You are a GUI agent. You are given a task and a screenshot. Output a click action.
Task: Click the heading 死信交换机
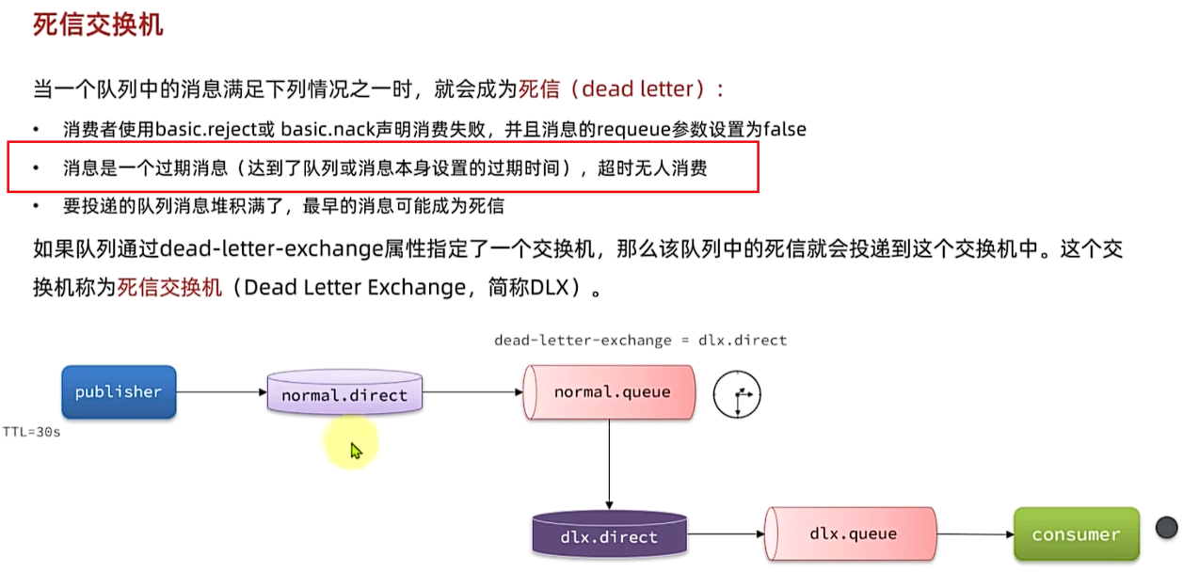pos(98,25)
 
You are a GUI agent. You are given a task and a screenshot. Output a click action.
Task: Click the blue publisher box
pos(119,391)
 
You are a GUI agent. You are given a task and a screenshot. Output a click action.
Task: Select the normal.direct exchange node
pos(344,393)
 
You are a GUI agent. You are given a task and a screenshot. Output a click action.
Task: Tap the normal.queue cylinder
pos(611,391)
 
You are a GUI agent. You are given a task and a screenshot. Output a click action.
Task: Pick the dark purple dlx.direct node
pos(609,537)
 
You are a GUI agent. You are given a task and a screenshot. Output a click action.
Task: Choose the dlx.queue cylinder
pos(852,533)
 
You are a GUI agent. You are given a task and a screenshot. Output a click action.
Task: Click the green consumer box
pos(1076,534)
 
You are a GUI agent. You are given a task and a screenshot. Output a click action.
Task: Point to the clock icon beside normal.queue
pos(736,393)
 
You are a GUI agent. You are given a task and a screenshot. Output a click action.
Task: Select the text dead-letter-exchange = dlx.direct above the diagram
pos(640,340)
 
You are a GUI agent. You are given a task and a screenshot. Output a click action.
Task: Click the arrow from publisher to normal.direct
pos(221,391)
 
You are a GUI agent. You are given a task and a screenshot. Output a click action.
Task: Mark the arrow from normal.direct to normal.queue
pos(472,391)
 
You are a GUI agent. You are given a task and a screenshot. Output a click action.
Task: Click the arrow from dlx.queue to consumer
pos(975,534)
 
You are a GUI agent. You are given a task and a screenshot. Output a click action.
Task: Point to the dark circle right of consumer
pos(1166,527)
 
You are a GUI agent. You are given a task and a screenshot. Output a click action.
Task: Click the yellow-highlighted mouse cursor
pos(355,451)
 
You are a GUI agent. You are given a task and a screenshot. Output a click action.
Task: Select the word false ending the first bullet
pos(784,129)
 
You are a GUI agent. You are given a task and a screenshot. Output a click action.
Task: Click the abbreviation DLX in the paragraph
pos(550,287)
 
